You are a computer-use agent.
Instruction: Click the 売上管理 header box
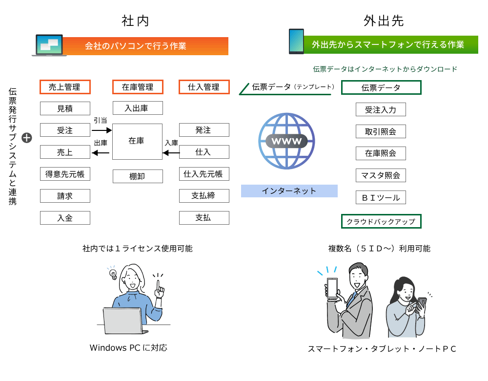click(x=65, y=87)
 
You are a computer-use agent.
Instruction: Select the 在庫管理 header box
click(x=138, y=87)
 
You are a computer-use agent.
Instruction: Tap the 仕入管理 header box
click(x=204, y=87)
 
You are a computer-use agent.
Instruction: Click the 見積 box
click(x=65, y=108)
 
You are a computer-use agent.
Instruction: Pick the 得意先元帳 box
click(x=65, y=174)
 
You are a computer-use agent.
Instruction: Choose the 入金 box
click(x=65, y=218)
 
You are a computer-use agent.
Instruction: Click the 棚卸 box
click(x=138, y=176)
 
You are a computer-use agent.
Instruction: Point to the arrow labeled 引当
click(x=102, y=130)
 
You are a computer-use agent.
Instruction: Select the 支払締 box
click(x=204, y=196)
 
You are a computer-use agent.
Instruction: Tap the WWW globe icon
click(x=286, y=141)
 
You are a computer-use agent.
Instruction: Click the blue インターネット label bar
click(x=289, y=191)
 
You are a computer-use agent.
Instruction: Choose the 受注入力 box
click(x=381, y=110)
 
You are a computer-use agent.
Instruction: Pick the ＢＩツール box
click(x=381, y=197)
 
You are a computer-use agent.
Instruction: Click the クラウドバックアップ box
click(x=381, y=221)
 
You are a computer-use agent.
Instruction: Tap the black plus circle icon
click(x=27, y=138)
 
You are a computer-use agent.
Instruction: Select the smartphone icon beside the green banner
click(x=296, y=42)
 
